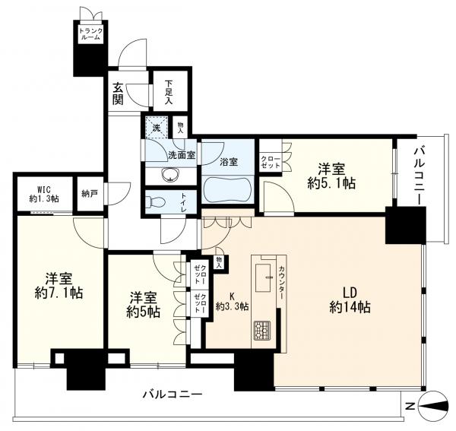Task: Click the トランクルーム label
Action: (90, 33)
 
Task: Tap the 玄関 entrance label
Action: (118, 93)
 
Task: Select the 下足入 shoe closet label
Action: (169, 92)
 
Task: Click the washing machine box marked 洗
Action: (157, 128)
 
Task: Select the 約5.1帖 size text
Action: (331, 183)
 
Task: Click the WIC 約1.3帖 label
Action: (44, 194)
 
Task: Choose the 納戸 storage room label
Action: (89, 194)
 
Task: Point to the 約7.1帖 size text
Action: (59, 293)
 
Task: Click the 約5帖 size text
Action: (143, 312)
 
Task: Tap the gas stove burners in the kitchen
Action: (262, 331)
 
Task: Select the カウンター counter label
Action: (281, 282)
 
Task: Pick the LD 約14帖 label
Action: (350, 300)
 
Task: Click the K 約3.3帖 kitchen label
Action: (232, 302)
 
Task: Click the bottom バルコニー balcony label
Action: (173, 395)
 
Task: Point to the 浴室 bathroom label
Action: (229, 162)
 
